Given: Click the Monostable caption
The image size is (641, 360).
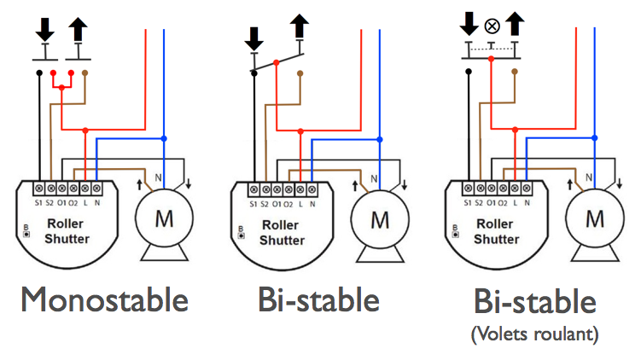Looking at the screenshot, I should (x=104, y=299).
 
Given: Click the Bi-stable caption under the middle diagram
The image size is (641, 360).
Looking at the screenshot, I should (x=318, y=299).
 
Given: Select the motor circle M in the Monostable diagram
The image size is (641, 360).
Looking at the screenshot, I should (x=163, y=218).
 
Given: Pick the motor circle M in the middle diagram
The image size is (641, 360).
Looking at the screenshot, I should (x=379, y=218).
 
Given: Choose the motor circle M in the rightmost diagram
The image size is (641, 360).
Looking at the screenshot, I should (x=594, y=218).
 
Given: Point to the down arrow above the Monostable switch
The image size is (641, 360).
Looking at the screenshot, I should (x=44, y=29).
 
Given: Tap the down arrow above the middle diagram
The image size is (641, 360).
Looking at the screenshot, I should (x=253, y=38).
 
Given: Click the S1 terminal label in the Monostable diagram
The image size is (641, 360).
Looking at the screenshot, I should (x=38, y=203).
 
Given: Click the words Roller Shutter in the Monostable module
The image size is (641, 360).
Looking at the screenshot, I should (x=67, y=233).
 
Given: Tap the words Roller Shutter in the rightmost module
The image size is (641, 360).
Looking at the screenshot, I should (x=497, y=233).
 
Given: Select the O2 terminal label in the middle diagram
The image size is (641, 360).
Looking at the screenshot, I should (x=288, y=203).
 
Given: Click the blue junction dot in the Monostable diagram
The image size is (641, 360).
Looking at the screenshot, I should (x=164, y=138).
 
